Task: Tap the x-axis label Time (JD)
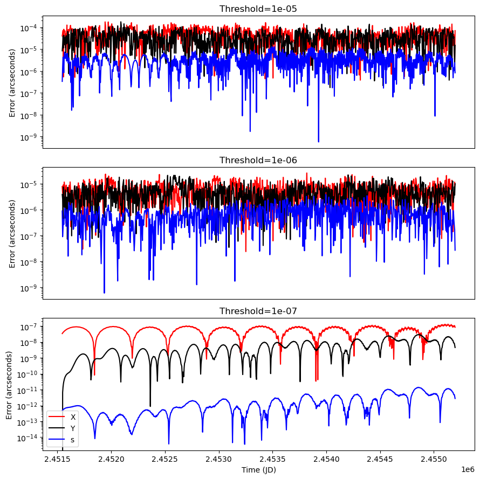[258, 470]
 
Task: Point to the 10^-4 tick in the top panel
[29, 27]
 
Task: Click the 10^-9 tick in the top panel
[29, 137]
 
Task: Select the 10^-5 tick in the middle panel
[29, 184]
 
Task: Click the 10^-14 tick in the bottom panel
[28, 438]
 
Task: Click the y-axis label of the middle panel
[12, 232]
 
